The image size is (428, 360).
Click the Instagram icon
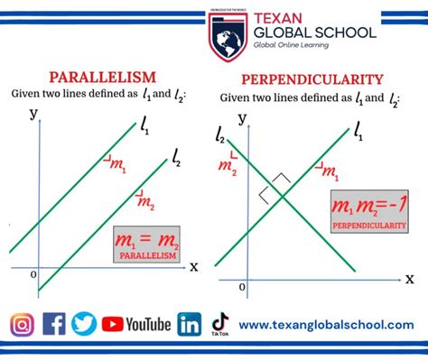[24, 324]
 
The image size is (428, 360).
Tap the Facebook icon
[54, 324]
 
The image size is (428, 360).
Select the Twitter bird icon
[84, 324]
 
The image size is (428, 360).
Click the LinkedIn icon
[190, 324]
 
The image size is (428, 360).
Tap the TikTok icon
[219, 323]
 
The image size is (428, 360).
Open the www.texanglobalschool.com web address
[326, 325]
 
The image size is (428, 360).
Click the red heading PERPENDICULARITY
[312, 78]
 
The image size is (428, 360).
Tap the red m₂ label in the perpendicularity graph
[227, 166]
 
